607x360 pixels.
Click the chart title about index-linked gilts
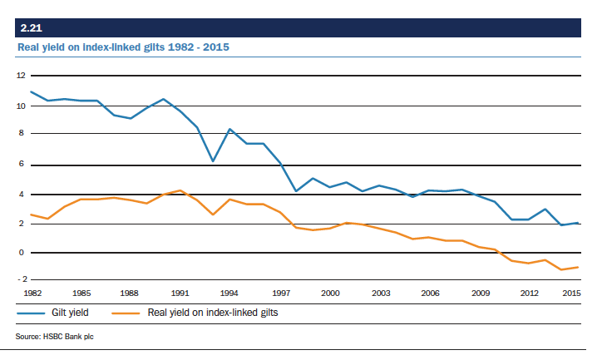pos(124,47)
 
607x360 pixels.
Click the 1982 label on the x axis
pos(32,293)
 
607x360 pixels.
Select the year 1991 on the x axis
pos(179,293)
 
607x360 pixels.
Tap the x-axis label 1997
pos(280,293)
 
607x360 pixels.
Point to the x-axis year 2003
pos(381,293)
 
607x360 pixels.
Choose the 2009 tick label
pos(481,293)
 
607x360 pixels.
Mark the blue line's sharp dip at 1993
pos(213,160)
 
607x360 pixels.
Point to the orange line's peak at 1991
pos(179,190)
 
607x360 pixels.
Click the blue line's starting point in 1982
pos(31,91)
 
